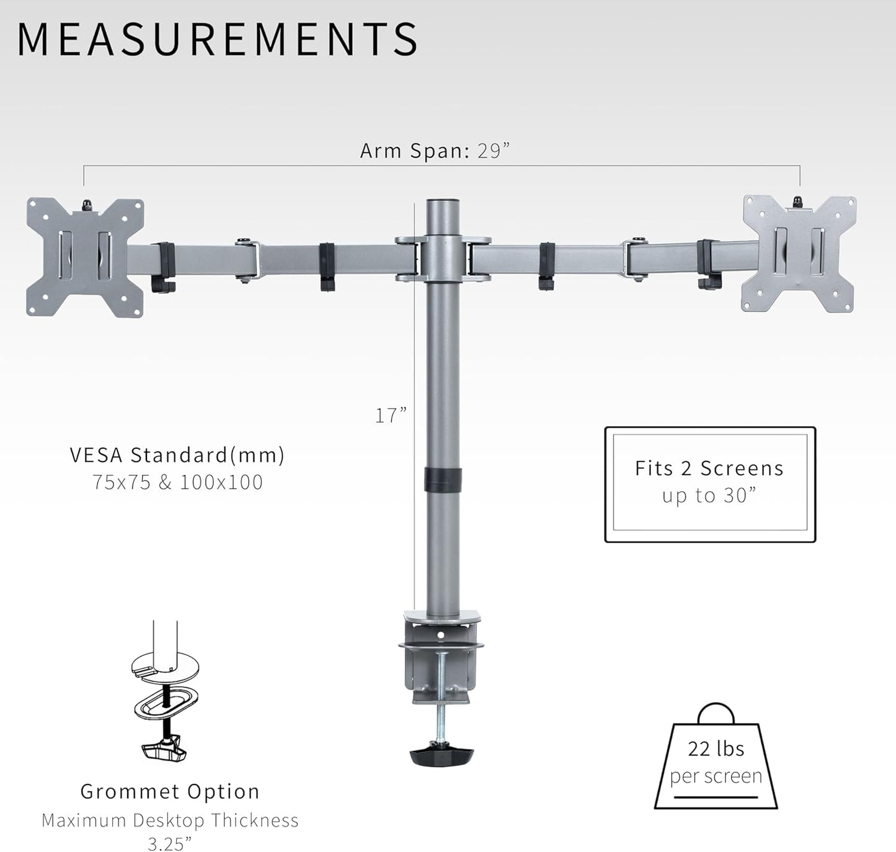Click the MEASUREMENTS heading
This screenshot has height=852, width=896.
(x=217, y=39)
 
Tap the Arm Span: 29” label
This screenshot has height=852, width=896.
(x=435, y=151)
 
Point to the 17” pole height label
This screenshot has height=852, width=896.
(x=391, y=415)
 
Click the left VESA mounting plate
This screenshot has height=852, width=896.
(x=86, y=257)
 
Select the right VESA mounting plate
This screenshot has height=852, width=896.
(x=799, y=254)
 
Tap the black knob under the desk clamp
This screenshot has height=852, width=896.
(x=441, y=755)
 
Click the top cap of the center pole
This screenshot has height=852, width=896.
(x=443, y=204)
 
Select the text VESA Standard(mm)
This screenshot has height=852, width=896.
(x=177, y=455)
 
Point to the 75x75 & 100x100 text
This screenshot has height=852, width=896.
(x=178, y=482)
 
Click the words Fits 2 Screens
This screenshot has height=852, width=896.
(x=709, y=468)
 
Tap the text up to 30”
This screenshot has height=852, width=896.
(x=709, y=495)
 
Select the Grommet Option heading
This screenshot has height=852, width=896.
(x=170, y=791)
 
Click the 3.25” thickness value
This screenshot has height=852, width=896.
(x=170, y=844)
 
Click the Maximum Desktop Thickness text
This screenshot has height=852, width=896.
(x=170, y=820)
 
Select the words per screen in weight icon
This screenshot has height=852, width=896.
(x=716, y=776)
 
